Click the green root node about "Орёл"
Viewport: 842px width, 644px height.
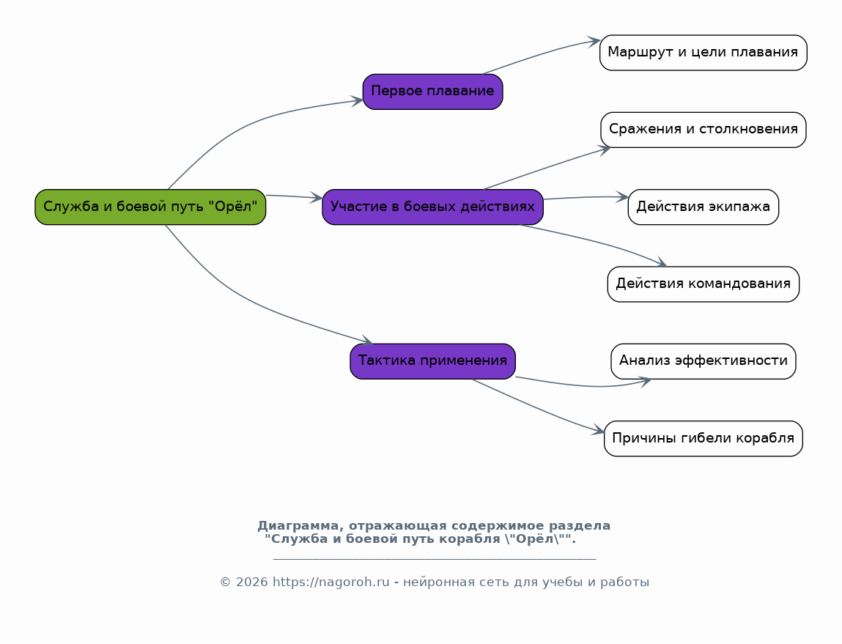point(150,207)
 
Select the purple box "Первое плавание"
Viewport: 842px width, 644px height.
point(433,92)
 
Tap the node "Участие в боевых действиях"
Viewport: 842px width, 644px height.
point(433,207)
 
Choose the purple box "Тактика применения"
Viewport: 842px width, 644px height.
point(433,361)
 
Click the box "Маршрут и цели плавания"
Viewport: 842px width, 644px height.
point(703,53)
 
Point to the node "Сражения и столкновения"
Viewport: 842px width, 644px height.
point(703,130)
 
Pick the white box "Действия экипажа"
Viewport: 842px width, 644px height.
point(703,207)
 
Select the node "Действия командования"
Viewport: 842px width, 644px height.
point(703,284)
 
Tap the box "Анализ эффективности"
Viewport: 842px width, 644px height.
point(703,361)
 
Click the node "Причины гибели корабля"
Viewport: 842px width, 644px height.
point(703,438)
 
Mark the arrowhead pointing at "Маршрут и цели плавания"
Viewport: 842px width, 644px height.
point(594,42)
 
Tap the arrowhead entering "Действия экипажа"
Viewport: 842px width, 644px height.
point(622,197)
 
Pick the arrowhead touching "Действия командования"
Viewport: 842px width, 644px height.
point(661,262)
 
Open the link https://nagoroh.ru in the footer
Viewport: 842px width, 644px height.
point(330,582)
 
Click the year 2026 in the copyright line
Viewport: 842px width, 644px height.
point(251,582)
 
